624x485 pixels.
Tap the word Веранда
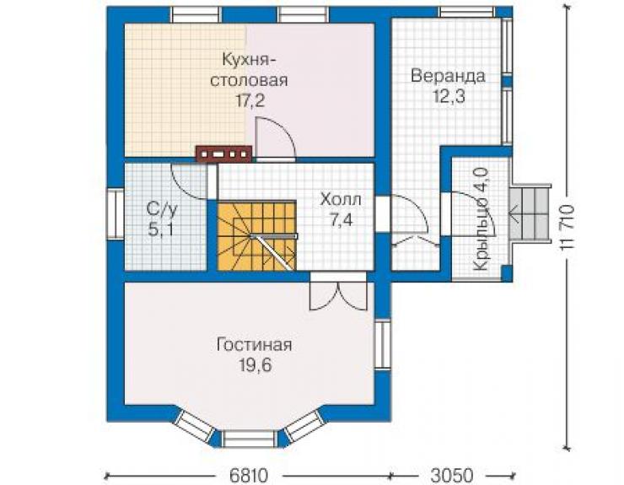point(448,76)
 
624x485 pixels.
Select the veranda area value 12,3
point(449,96)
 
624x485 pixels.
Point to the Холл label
point(341,199)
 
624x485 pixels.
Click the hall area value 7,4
point(342,219)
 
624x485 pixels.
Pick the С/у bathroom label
point(161,208)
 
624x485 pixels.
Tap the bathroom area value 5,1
point(160,229)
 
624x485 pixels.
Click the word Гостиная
point(254,345)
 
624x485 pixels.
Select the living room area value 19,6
point(256,365)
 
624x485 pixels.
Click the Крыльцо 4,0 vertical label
point(481,219)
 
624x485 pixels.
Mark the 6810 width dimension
point(249,476)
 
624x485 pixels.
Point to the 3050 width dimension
point(452,476)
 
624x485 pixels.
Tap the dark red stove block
point(223,154)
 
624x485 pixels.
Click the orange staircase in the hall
point(256,235)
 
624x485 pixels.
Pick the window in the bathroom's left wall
point(116,213)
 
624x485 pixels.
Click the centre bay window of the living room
point(249,439)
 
